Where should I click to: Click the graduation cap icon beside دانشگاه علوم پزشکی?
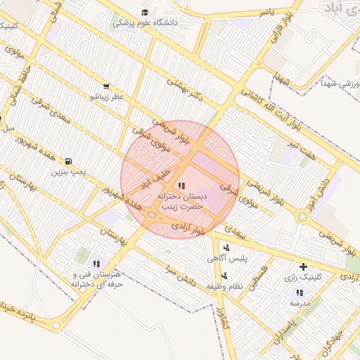[145, 12]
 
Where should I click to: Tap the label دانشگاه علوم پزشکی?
[146, 22]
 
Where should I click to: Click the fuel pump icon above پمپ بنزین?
[69, 161]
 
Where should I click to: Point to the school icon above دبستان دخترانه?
[181, 186]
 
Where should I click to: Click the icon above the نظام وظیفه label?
[224, 276]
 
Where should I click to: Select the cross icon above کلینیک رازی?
[303, 266]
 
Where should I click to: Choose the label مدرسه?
[300, 303]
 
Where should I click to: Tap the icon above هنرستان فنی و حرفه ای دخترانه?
[96, 264]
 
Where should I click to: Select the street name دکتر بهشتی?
[184, 91]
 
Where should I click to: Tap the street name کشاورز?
[224, 321]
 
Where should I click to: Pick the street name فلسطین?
[259, 276]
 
